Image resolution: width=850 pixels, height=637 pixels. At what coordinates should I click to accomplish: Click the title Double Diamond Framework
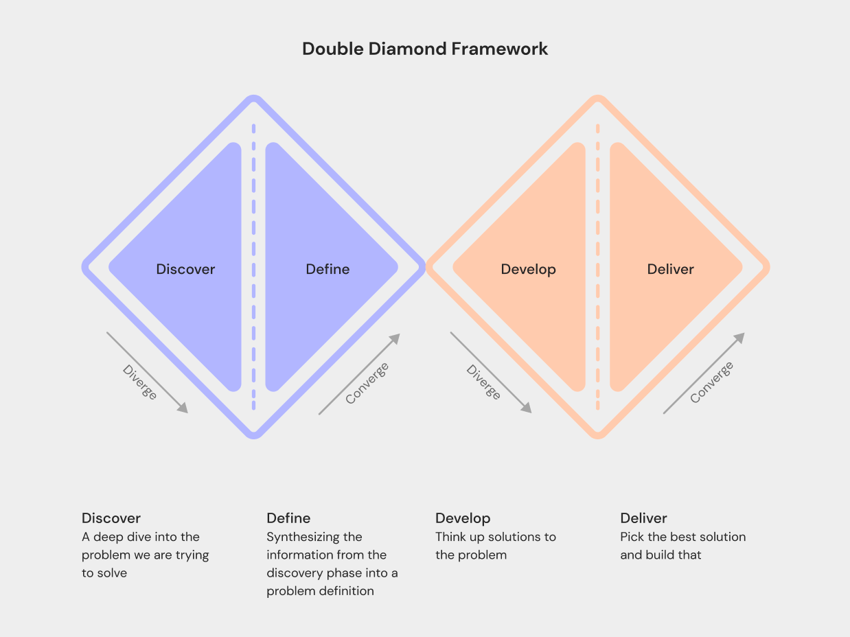[425, 49]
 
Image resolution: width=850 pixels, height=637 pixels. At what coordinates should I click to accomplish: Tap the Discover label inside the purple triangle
[185, 270]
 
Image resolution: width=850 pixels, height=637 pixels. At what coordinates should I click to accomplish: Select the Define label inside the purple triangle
[328, 270]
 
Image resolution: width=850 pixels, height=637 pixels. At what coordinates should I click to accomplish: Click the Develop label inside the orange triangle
[528, 270]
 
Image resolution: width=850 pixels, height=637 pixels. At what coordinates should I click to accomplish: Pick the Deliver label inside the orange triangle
[670, 270]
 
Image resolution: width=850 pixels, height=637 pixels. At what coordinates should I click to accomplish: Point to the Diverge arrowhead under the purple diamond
[183, 408]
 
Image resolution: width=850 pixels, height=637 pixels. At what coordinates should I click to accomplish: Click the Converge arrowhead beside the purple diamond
[395, 338]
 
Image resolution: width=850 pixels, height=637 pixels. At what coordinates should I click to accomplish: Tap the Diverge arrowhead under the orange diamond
[527, 408]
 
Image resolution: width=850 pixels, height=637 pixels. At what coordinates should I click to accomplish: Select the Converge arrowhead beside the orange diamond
[740, 338]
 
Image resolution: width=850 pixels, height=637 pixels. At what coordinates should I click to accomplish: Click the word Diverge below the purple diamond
[140, 382]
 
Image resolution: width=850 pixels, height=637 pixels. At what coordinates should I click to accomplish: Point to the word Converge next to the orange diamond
[711, 382]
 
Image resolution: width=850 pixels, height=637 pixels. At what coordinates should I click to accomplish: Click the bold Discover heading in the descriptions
[111, 518]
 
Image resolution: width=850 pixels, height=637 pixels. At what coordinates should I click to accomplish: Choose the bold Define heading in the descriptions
[288, 518]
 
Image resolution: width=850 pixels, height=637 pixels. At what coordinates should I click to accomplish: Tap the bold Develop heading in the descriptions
[463, 518]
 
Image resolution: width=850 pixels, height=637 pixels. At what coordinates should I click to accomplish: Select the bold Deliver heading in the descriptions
[643, 518]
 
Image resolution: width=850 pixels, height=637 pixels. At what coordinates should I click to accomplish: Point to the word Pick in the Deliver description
[632, 537]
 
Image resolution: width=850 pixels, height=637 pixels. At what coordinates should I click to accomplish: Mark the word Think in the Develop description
[451, 537]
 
